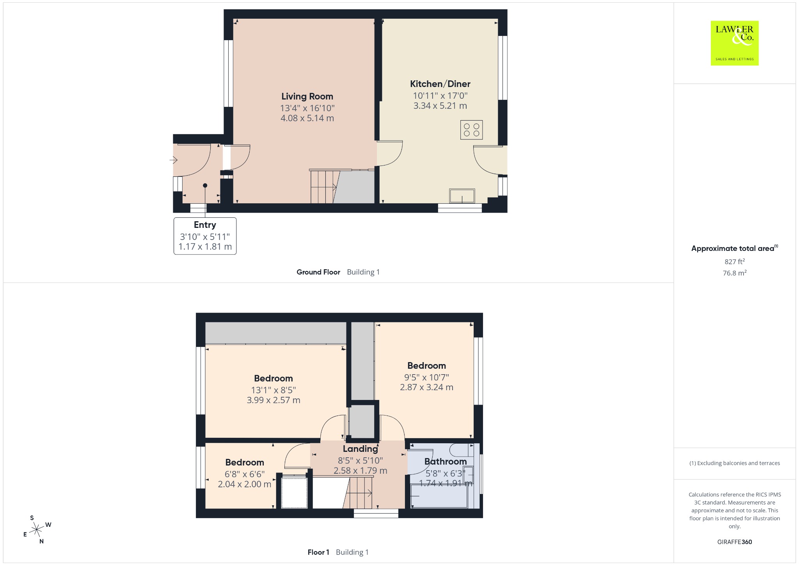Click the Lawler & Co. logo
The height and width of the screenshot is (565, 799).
pyautogui.click(x=735, y=43)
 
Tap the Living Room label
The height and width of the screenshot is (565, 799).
pyautogui.click(x=307, y=96)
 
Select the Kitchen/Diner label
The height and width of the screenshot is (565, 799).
pyautogui.click(x=440, y=84)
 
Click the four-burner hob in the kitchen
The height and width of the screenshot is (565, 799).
pyautogui.click(x=471, y=130)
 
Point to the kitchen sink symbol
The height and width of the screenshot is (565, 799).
pyautogui.click(x=462, y=196)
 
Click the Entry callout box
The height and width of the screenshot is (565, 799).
pyautogui.click(x=205, y=236)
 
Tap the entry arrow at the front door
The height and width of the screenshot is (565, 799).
pyautogui.click(x=174, y=160)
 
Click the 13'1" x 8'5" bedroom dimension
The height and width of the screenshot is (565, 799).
pyautogui.click(x=273, y=390)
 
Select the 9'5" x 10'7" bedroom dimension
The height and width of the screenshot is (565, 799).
pyautogui.click(x=426, y=377)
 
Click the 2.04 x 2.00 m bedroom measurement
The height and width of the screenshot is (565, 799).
pyautogui.click(x=245, y=484)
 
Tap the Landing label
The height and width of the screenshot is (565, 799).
pyautogui.click(x=360, y=449)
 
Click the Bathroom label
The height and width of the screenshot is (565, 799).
pyautogui.click(x=446, y=462)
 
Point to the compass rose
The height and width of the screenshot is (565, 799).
pyautogui.click(x=37, y=529)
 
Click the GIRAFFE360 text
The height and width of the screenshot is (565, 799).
pyautogui.click(x=735, y=542)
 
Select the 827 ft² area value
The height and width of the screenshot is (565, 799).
pyautogui.click(x=735, y=262)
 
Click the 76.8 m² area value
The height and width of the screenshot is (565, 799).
pyautogui.click(x=735, y=273)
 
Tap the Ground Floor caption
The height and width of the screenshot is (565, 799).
pyautogui.click(x=318, y=272)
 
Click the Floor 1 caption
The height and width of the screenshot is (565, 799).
pyautogui.click(x=318, y=552)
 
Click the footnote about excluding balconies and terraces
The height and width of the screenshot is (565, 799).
pyautogui.click(x=735, y=463)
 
